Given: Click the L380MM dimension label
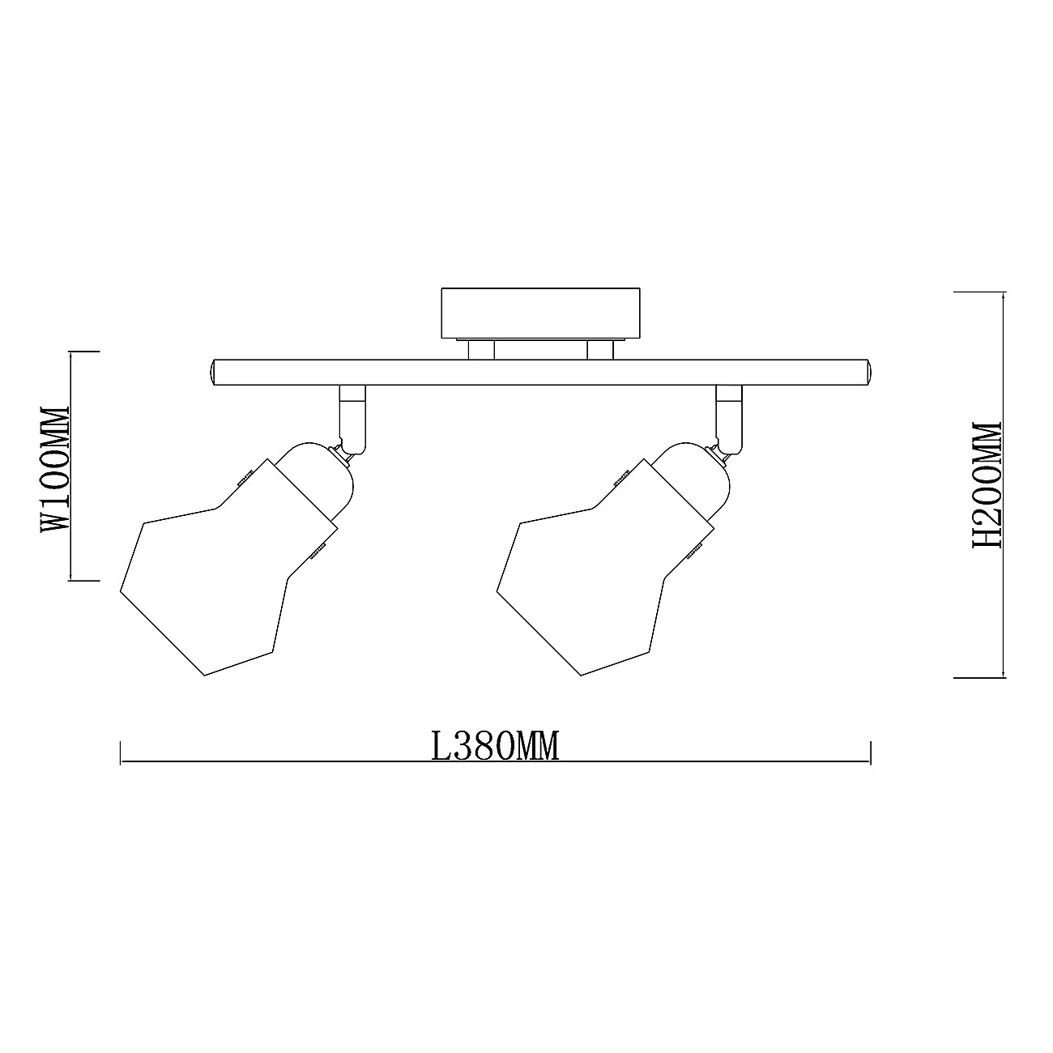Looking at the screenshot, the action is pos(496,747).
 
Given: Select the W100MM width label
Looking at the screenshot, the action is pos(56,469).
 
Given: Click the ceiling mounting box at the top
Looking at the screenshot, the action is pos(540,313).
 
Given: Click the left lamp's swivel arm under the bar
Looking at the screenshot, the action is pos(352,420).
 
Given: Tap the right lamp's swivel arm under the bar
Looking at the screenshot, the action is pos(729,420).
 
